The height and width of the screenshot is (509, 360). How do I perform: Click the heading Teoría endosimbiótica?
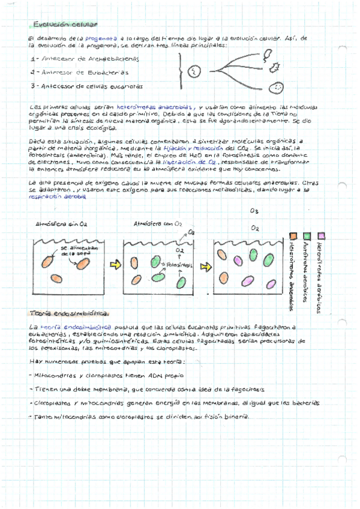(69, 313)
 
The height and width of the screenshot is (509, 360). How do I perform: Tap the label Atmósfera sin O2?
(62, 224)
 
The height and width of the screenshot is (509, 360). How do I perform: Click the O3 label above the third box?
(254, 211)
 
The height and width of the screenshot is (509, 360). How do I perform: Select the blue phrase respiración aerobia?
(56, 196)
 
